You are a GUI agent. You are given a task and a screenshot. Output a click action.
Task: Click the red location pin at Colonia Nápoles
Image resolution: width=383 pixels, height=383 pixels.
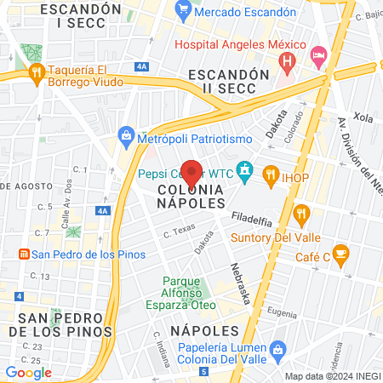191,173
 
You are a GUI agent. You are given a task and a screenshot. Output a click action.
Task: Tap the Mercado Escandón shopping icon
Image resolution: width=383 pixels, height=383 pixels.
182,12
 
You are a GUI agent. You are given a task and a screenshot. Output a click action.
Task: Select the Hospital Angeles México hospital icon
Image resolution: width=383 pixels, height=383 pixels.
288,60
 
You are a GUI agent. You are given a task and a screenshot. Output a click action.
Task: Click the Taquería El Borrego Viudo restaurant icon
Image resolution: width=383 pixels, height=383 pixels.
35,73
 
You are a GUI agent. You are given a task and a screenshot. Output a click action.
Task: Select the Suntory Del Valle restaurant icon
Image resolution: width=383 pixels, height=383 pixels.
300,213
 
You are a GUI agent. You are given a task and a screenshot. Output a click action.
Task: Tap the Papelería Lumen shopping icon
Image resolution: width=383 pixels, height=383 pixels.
277,348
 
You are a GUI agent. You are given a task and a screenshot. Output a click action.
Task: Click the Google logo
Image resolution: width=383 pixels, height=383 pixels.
29,372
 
